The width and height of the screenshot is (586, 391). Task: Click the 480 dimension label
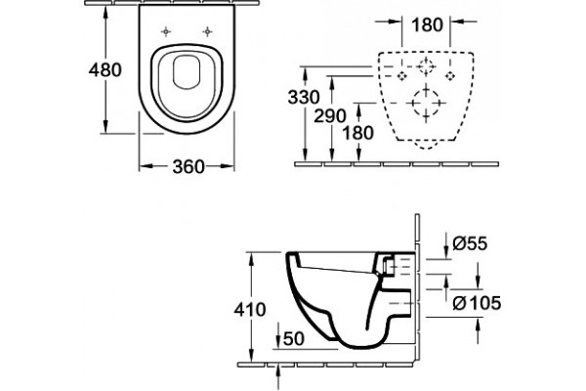coord(105,69)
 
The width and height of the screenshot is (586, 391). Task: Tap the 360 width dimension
coord(188,166)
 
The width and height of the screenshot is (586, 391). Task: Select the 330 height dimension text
coord(304,97)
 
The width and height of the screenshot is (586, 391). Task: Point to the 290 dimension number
coord(330,115)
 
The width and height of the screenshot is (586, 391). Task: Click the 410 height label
coord(250,310)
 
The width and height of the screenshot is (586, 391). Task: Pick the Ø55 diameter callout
coord(470,243)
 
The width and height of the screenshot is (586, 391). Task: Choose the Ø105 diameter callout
coord(477,303)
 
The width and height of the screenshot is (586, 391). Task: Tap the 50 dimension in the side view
coord(294,339)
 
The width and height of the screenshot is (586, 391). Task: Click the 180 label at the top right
coord(427,25)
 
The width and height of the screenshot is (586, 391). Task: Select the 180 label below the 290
coord(358,133)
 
